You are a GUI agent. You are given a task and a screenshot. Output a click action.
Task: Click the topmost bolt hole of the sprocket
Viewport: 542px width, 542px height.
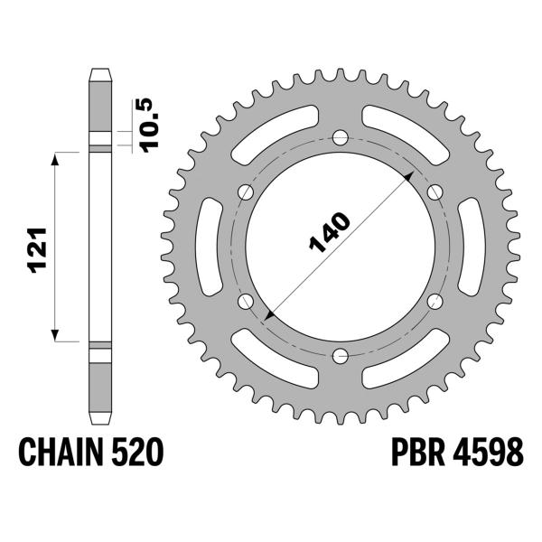[x=341, y=137]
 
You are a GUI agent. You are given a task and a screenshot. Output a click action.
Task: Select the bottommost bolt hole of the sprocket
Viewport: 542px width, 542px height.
[x=341, y=355]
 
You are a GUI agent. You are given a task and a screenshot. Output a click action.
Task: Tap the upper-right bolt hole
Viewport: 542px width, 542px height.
[x=435, y=192]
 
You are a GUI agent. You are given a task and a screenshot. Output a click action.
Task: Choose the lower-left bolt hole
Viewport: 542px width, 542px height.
[x=246, y=301]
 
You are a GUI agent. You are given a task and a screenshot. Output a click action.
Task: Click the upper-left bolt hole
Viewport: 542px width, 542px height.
[x=246, y=192]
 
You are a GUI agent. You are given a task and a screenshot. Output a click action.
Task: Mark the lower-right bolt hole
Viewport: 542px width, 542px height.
[x=435, y=301]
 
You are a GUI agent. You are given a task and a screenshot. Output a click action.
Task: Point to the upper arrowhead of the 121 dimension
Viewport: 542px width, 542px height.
[x=57, y=157]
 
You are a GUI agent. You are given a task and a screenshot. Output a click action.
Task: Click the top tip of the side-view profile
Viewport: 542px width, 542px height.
[x=99, y=70]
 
